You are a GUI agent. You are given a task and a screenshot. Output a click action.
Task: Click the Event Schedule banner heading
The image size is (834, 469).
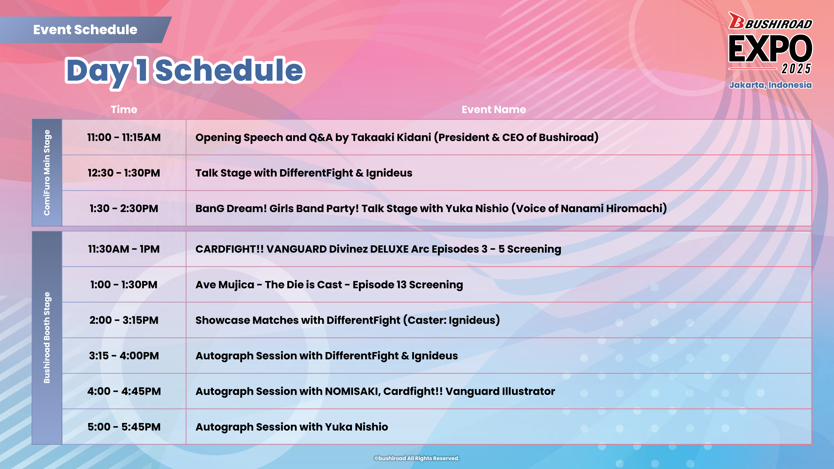tap(85, 30)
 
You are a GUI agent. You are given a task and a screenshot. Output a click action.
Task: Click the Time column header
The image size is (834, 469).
tap(124, 109)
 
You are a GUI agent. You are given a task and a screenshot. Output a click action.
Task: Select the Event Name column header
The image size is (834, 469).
tap(494, 109)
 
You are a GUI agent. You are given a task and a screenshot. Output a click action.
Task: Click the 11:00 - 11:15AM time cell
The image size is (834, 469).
tap(124, 137)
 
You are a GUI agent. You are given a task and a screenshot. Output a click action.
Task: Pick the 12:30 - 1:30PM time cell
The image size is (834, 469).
tap(124, 173)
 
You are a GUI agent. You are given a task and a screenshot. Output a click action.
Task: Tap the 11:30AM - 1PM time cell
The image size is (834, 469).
tap(124, 249)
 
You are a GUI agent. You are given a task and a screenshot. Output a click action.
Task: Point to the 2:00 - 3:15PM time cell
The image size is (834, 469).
tap(124, 320)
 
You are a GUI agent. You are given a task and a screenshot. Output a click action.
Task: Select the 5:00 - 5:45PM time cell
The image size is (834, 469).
tap(124, 427)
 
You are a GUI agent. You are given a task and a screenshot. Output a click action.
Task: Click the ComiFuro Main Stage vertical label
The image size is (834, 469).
tap(47, 173)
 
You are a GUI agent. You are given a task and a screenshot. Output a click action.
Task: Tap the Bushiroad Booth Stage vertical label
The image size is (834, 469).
tap(47, 338)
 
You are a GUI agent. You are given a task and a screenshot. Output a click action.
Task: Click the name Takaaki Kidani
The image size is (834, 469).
tap(391, 137)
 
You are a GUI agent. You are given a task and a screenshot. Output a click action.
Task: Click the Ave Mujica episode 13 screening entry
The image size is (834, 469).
tap(329, 285)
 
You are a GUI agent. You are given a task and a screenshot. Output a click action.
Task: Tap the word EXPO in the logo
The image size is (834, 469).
tap(771, 49)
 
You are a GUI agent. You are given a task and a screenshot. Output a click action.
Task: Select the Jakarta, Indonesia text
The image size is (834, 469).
tap(771, 85)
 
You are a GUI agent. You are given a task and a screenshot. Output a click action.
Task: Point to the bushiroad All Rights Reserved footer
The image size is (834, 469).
tap(417, 458)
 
